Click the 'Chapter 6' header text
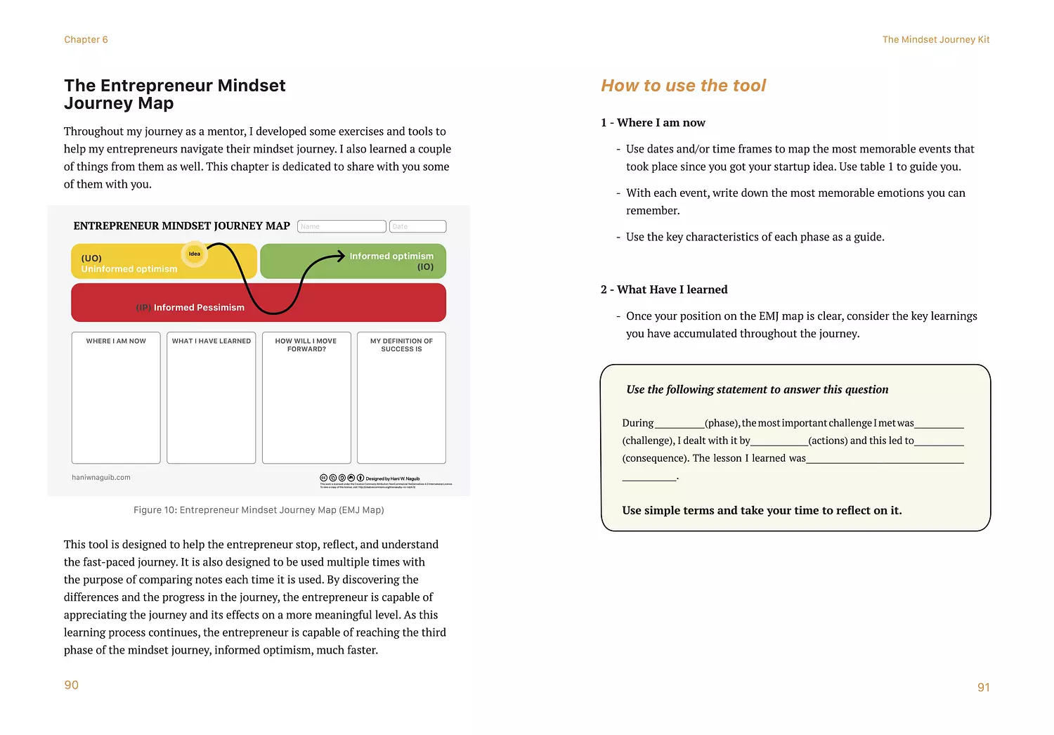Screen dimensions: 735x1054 point(86,40)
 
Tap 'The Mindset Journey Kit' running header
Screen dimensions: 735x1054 point(935,40)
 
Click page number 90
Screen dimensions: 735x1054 point(72,685)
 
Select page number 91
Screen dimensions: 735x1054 point(983,687)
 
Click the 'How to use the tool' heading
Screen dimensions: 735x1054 point(683,86)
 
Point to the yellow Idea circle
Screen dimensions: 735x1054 point(195,254)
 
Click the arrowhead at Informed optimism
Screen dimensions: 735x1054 point(341,256)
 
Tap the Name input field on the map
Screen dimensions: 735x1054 point(341,226)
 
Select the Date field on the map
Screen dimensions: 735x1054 point(417,226)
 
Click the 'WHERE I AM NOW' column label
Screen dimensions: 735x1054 point(116,342)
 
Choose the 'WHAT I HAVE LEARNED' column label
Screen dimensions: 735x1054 point(212,342)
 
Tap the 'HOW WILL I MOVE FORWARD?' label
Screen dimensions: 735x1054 point(306,345)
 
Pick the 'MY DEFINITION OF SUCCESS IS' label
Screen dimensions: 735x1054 point(401,345)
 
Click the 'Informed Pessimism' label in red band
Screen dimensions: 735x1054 point(199,308)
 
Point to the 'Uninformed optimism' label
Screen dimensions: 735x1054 point(129,269)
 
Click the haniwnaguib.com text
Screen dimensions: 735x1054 point(101,478)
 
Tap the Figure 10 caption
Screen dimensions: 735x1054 point(259,510)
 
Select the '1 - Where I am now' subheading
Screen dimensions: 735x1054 point(653,123)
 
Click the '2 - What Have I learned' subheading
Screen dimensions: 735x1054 point(664,290)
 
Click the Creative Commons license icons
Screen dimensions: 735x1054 point(341,479)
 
